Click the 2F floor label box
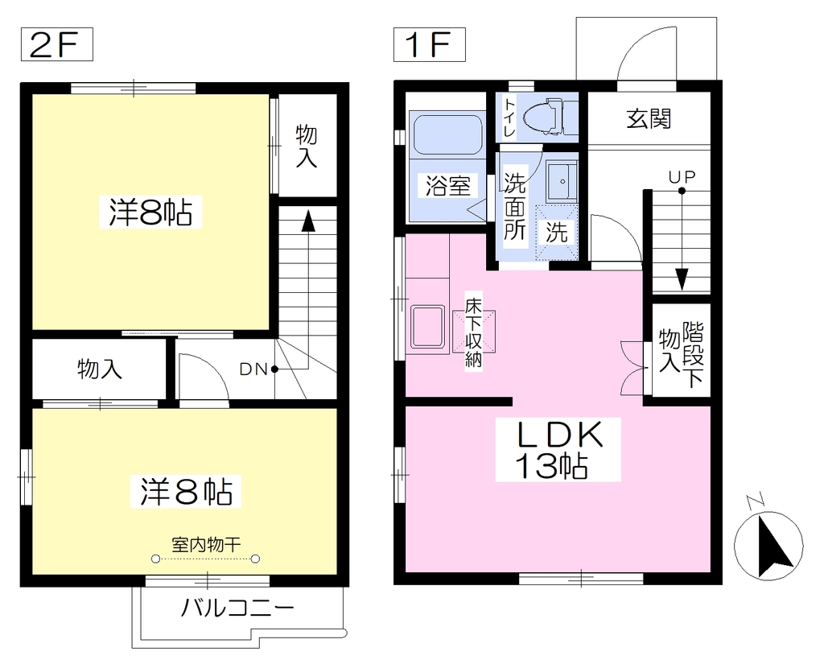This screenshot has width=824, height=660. [57, 44]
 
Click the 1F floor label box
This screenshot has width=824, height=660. [430, 44]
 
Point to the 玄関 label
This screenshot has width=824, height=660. [649, 119]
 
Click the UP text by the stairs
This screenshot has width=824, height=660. [682, 176]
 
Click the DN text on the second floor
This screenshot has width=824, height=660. [253, 369]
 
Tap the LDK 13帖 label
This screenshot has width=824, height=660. [558, 450]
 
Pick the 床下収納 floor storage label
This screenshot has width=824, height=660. [473, 332]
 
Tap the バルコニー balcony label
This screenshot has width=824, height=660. [237, 608]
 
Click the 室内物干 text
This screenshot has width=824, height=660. [206, 544]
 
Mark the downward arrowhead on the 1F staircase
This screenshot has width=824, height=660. [682, 279]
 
